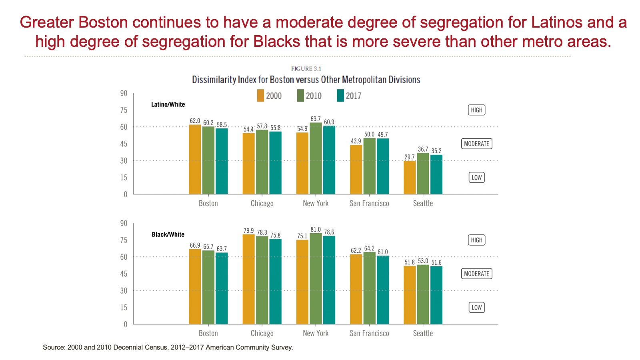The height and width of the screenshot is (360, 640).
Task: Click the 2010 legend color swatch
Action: coord(300,96)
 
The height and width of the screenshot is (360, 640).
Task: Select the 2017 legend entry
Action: coord(349,96)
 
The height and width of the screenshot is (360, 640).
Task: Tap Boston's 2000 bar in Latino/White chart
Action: coord(195,160)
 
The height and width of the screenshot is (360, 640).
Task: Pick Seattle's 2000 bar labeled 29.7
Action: coord(410,178)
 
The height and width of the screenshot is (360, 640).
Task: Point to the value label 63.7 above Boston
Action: coord(222,249)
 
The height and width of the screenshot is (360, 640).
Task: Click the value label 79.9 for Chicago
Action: coord(248,231)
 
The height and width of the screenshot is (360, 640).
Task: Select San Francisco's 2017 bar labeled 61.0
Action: coord(383,290)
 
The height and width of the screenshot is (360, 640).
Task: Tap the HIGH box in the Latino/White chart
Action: coord(476,110)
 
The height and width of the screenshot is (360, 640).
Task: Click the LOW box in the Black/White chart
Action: coord(476,307)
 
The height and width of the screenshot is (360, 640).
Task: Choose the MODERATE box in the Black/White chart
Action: coord(476,274)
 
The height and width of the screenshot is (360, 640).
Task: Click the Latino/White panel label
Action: coord(168,104)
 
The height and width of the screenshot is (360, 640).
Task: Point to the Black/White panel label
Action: coord(168,234)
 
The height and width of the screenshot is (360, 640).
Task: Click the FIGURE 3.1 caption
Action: coord(306,69)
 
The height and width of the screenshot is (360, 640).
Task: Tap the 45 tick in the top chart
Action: coord(124,144)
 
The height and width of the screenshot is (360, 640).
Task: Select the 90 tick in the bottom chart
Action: coord(124,223)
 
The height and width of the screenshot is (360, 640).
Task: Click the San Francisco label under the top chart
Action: coord(369,203)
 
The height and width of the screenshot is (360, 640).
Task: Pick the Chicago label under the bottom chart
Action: coord(262,333)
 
